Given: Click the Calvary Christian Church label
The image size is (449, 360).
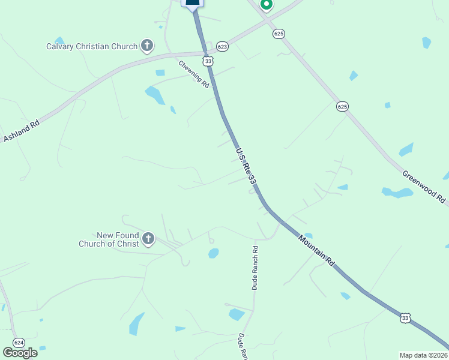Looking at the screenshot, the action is tap(92, 46).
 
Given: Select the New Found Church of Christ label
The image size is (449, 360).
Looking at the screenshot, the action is tap(109, 240).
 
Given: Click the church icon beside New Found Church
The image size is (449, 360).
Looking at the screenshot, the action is tap(148, 240).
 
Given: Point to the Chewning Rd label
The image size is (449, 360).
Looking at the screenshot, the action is tap(193, 74).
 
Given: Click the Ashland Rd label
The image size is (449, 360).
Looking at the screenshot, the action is tap(21, 131).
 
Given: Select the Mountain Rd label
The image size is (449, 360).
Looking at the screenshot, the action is tap(316, 250).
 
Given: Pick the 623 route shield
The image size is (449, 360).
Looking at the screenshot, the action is tap(223, 46).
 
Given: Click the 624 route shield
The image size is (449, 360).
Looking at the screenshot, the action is tap(19, 343).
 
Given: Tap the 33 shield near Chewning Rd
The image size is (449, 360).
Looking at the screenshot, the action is tap(208, 61).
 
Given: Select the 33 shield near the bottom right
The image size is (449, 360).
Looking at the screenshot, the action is tap(406, 319).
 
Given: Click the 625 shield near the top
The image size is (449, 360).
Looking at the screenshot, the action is tap(278, 34).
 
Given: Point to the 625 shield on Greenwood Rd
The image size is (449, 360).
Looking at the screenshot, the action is tap(342, 106).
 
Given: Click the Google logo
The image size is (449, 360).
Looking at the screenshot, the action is tap(20, 352).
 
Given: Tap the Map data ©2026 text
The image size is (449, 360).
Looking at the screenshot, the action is tap(423, 355).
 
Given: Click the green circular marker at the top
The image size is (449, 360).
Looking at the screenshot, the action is tap(267, 5).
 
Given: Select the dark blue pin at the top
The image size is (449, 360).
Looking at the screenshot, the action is tap(193, 4).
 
